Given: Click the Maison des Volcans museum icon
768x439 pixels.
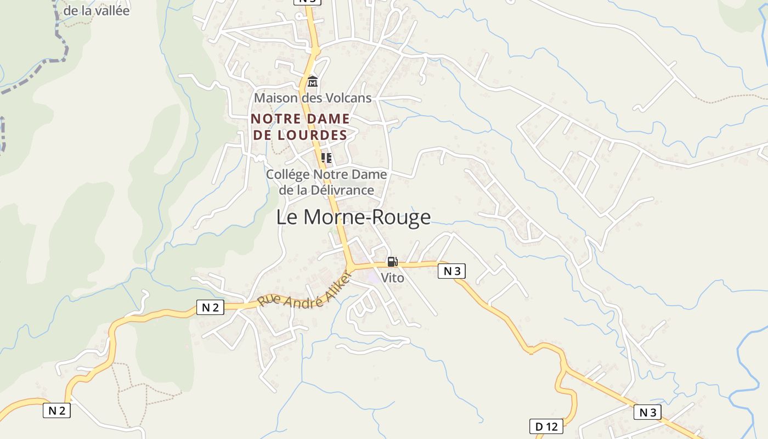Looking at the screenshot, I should click(x=313, y=82).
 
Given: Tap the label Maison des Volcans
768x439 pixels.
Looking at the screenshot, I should click(x=313, y=98).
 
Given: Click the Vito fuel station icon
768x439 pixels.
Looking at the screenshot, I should click(x=392, y=262).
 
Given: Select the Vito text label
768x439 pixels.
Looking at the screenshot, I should click(x=392, y=278).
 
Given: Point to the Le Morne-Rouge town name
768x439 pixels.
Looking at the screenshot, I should click(x=353, y=217).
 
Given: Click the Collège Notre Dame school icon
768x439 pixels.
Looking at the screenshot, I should click(x=326, y=158).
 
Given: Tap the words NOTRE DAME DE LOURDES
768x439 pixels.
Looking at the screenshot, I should click(x=300, y=127).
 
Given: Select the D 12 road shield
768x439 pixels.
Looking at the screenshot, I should click(x=546, y=426).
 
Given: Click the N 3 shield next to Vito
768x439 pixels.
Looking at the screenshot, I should click(x=452, y=271).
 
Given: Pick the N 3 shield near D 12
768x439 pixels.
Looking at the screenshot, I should click(x=647, y=412).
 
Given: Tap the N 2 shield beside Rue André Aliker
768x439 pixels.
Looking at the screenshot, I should click(x=210, y=307).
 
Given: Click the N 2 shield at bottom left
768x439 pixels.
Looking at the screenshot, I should click(x=57, y=410).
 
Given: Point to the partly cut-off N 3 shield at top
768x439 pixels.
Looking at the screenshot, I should click(x=307, y=2).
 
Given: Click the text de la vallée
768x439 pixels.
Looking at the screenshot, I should click(x=97, y=10).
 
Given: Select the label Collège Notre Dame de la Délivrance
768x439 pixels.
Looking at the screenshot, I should click(x=326, y=182).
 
